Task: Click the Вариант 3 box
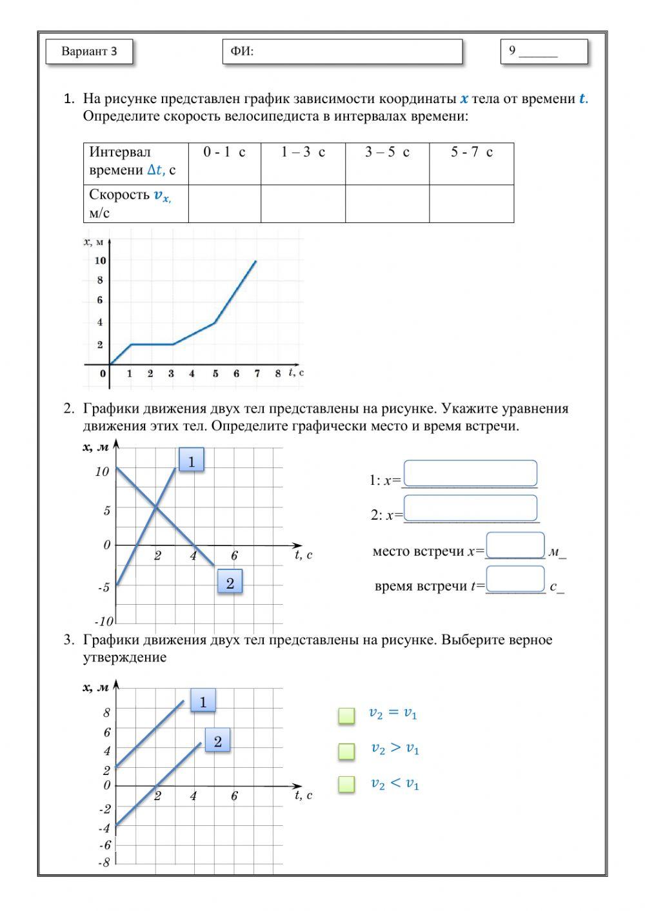89,52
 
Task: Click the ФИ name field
342,52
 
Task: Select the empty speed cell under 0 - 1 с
224,204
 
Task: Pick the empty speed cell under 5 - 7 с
471,204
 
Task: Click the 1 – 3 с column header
303,153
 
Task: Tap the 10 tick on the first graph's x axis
100,260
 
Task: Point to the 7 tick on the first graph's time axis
257,374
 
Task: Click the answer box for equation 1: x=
470,473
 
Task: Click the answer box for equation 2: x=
470,508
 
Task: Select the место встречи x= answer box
515,545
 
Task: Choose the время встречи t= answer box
515,579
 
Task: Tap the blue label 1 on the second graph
191,460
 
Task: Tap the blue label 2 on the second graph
230,583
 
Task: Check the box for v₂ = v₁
346,715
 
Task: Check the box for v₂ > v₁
346,750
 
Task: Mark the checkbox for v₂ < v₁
346,784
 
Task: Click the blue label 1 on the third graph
203,701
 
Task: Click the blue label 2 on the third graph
217,741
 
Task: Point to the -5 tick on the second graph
103,587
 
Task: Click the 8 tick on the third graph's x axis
107,712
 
